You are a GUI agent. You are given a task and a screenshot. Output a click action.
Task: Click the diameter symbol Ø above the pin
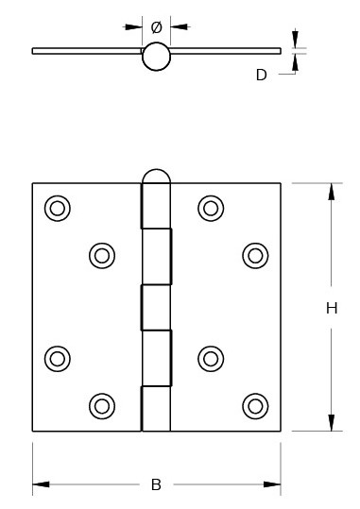tap(156, 26)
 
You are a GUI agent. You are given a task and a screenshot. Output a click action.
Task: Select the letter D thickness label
tap(262, 75)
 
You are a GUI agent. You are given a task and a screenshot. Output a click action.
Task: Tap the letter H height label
tap(332, 308)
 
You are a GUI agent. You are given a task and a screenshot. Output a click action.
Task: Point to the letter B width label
tap(156, 485)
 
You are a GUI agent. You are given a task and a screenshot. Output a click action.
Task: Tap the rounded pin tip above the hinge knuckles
tap(156, 178)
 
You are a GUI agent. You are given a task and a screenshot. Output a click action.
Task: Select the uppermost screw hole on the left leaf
tap(58, 208)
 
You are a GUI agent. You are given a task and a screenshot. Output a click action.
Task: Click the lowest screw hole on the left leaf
tap(101, 405)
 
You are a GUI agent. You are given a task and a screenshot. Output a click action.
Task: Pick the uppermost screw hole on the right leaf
tap(210, 208)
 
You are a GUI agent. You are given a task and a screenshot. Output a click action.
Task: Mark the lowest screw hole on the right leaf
tap(254, 405)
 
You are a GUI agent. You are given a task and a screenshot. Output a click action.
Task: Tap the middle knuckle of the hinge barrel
tap(156, 306)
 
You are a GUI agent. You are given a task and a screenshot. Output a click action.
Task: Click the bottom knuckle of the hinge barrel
tap(156, 408)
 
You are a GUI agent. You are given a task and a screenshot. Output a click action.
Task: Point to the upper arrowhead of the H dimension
tap(331, 191)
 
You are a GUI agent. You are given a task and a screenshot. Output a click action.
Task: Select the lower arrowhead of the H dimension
tap(331, 423)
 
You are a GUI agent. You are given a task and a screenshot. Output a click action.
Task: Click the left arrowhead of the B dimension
tap(41, 485)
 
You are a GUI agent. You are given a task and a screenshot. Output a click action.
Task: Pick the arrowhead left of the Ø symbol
tap(134, 26)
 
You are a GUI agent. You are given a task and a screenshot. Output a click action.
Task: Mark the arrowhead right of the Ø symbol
tap(178, 26)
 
